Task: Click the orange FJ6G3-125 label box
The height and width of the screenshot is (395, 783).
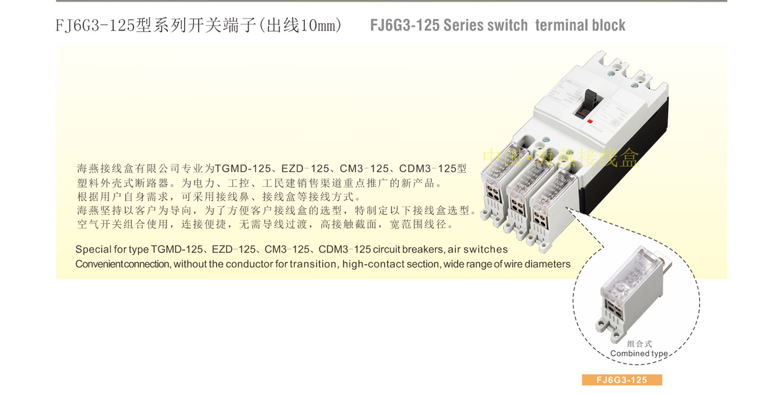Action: pyautogui.click(x=621, y=380)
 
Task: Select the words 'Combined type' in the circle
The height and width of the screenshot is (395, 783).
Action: pyautogui.click(x=639, y=354)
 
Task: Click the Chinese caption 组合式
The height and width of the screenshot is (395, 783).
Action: pyautogui.click(x=639, y=344)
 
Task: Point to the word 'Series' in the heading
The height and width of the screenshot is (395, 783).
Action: pyautogui.click(x=468, y=25)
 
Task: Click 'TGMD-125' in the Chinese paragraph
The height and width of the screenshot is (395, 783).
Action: pyautogui.click(x=243, y=168)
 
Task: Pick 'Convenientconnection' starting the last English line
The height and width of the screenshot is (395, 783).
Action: pyautogui.click(x=122, y=264)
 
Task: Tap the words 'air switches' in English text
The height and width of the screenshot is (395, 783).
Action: pyautogui.click(x=478, y=250)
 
